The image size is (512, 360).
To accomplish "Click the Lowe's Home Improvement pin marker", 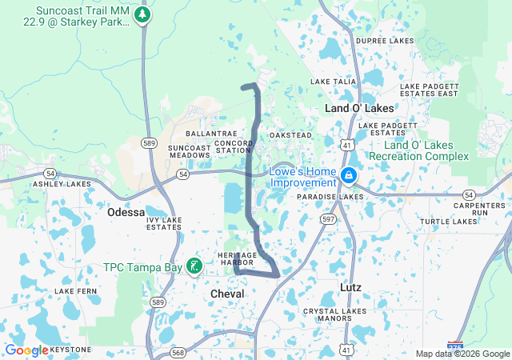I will click(349, 175).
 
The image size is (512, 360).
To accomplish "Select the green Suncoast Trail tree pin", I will click(142, 15).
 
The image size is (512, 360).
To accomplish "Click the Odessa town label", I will click(126, 213).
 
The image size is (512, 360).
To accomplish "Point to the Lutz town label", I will click(351, 287).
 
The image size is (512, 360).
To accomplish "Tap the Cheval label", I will click(227, 294).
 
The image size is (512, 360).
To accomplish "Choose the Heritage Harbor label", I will click(236, 258).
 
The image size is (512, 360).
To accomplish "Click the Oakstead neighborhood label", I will click(290, 135).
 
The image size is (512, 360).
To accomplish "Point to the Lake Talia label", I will click(333, 82).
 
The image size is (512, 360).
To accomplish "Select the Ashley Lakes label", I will click(62, 184).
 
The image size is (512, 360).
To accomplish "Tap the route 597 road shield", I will click(329, 218).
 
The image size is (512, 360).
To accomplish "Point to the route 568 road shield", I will click(178, 353).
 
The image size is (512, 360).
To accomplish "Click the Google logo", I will click(26, 350).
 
